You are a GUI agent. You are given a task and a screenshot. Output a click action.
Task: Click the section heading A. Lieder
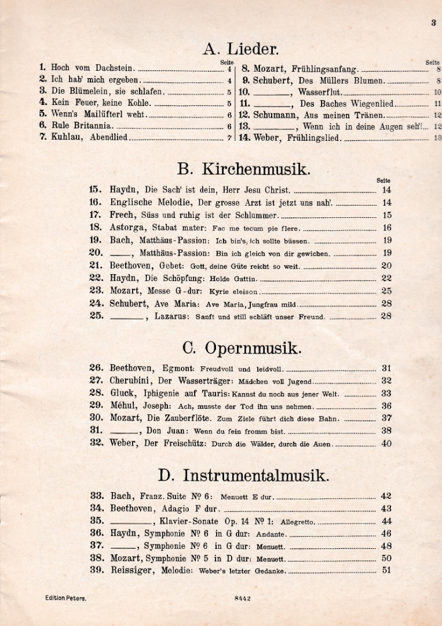[240, 49]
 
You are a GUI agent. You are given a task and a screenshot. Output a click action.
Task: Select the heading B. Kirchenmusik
[243, 169]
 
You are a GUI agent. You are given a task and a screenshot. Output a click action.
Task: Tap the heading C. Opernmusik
[242, 348]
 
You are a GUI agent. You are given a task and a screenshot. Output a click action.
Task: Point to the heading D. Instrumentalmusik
[243, 476]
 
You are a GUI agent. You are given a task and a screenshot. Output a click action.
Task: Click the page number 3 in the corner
[433, 23]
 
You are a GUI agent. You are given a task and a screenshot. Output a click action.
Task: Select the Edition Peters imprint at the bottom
[65, 598]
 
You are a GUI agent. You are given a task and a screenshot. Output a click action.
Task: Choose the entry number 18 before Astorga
[96, 228]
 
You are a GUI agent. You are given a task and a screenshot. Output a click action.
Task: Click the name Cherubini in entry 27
[131, 381]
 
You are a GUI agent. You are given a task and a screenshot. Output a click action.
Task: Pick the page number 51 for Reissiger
[386, 570]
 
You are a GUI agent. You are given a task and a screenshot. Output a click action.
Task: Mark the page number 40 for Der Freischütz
[386, 443]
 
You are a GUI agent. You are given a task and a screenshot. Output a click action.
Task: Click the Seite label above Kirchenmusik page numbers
[383, 180]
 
